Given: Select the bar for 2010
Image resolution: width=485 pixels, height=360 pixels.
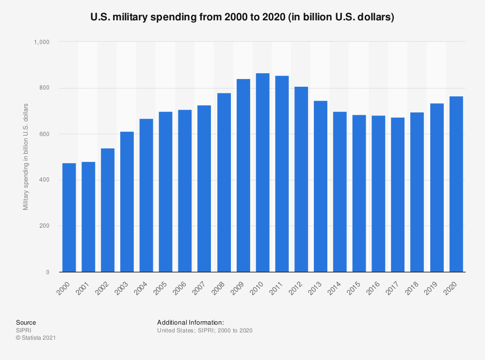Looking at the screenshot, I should click(262, 172).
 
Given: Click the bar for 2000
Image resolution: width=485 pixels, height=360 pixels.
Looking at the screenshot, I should click(69, 218).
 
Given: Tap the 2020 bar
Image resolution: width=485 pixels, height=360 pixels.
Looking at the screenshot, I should click(456, 184).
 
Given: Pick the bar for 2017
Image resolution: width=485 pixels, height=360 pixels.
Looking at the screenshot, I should click(398, 195).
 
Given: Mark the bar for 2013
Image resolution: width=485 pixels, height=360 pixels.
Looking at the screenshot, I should click(321, 187).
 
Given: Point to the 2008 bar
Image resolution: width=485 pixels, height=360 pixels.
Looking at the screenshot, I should click(224, 183).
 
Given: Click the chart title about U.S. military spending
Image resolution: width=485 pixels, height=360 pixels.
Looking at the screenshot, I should click(242, 17).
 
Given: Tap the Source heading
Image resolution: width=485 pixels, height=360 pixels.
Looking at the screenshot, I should click(26, 322).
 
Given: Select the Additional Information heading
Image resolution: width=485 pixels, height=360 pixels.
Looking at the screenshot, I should click(190, 322).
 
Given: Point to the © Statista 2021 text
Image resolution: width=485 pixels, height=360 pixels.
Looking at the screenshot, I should click(36, 338).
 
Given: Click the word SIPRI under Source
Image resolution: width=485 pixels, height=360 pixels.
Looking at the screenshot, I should click(23, 330).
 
